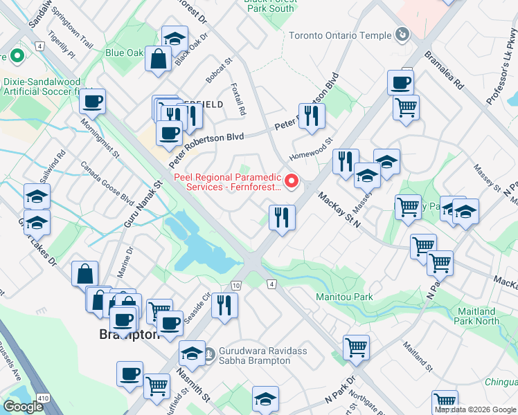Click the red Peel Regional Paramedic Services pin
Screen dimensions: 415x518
click(292, 182)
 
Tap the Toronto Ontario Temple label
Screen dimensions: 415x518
click(339, 35)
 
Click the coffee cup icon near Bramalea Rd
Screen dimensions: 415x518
click(400, 83)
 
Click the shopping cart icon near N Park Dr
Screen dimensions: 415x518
click(356, 348)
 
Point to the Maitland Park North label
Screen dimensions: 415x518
click(476, 316)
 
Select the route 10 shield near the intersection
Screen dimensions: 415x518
click(236, 285)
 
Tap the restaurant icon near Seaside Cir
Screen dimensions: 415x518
click(224, 305)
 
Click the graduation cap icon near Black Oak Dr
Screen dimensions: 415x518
click(175, 39)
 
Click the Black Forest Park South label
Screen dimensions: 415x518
click(269, 5)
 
